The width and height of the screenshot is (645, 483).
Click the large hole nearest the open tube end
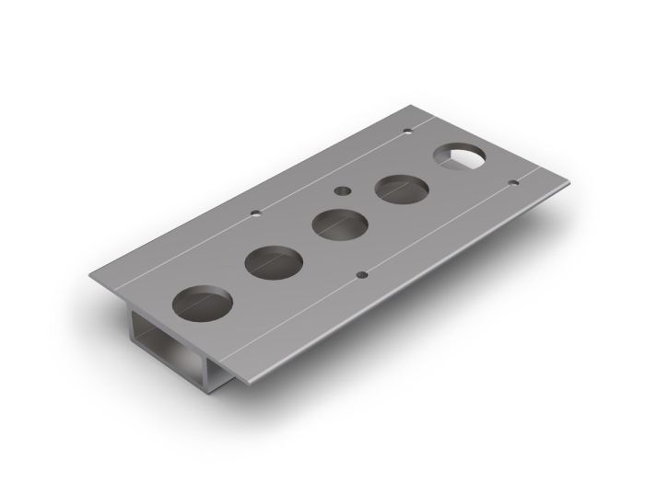coord(203,303)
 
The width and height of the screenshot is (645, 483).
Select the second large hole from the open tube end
coord(275,264)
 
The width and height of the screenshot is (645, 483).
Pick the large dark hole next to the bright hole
coord(403,190)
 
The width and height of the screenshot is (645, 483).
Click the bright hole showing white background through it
coord(462,157)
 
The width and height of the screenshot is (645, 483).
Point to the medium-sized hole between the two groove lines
coord(342,191)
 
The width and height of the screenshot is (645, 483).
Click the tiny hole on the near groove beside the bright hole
coord(514,184)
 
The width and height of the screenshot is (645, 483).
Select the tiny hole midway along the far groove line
coord(255,214)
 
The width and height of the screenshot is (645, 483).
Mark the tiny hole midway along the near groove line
coord(362,273)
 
